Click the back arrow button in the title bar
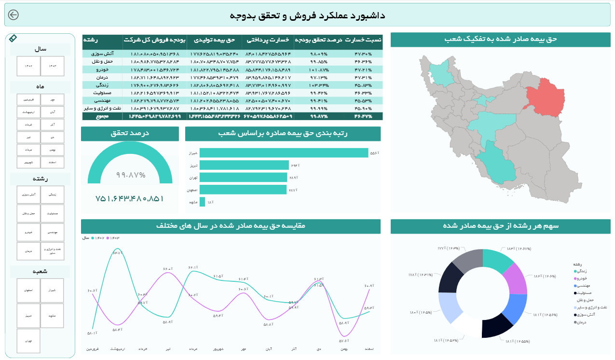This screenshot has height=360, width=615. point(14,15)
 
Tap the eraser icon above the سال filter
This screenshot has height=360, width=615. point(13,38)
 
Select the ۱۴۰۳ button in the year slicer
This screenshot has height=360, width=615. point(53,66)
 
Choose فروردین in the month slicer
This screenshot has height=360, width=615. point(28,99)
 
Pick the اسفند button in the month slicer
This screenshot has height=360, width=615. point(53,162)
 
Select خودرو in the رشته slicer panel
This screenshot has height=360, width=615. point(28,232)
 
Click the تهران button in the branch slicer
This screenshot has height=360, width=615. point(28,341)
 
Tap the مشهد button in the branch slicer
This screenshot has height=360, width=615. point(53,316)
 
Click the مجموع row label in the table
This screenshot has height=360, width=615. point(102,116)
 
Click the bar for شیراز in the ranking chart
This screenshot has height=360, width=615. point(284,153)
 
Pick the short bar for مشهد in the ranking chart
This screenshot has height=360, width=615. point(203,202)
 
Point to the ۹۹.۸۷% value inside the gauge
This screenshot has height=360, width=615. point(131,175)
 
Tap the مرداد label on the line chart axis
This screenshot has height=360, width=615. point(193,348)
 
